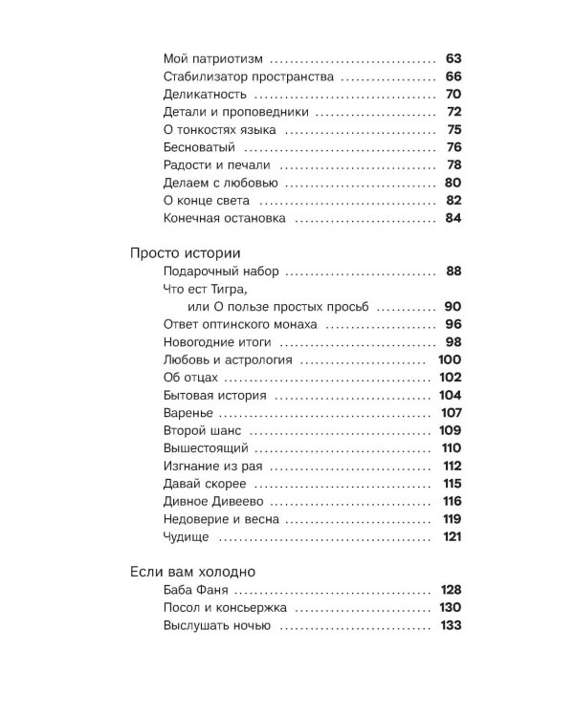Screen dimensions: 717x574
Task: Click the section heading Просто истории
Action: [x=185, y=252]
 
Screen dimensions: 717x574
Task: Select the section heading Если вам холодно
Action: [x=192, y=572]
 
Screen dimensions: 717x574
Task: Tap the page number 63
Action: [x=453, y=58]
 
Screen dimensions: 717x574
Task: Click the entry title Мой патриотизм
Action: [x=213, y=58]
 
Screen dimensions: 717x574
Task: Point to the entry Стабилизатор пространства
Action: [x=248, y=76]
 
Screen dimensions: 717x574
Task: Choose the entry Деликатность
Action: [x=206, y=95]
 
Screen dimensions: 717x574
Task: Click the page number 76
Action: [x=453, y=147]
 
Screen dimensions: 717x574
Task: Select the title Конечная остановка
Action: [x=225, y=219]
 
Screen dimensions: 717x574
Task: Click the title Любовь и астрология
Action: [x=229, y=360]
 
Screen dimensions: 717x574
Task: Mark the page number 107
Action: [x=451, y=413]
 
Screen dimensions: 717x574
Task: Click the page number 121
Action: [x=452, y=537]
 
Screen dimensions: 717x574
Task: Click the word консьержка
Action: [x=252, y=608]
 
